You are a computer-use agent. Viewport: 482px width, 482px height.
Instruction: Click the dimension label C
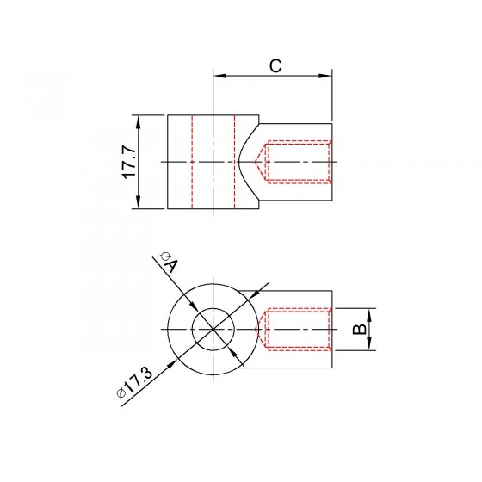(x=275, y=65)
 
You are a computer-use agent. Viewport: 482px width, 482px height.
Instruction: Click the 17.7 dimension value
(x=129, y=163)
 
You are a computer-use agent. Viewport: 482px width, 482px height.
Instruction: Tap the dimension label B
(x=360, y=329)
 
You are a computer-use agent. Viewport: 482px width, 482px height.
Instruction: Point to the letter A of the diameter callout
(x=171, y=266)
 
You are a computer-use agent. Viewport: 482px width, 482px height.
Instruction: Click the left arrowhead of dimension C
(x=219, y=76)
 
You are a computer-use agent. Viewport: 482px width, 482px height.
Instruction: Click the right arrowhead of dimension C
(x=324, y=76)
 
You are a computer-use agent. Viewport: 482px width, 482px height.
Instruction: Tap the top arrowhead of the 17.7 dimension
(x=139, y=122)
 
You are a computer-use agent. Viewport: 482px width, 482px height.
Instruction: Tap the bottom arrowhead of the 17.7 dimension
(x=139, y=202)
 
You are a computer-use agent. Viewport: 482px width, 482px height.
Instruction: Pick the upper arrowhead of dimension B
(x=369, y=314)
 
